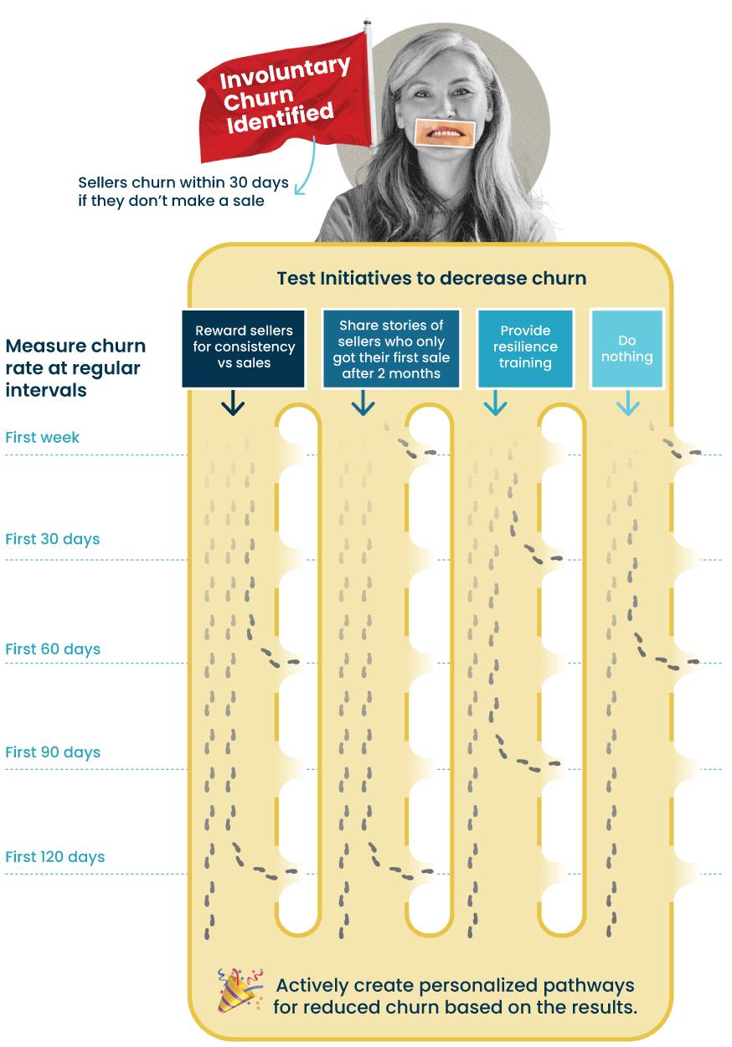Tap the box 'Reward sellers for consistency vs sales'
coord(245,347)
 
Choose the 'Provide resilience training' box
coord(525,347)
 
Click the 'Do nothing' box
coord(626,348)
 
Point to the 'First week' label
coord(43,437)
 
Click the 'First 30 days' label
coord(52,539)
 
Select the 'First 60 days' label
coord(52,649)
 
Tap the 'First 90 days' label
coord(52,752)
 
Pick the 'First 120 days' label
coord(55,857)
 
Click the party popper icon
coord(239,993)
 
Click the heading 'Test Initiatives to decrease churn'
coord(431,278)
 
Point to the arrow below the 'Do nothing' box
coord(627,405)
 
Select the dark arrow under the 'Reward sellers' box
coord(233,405)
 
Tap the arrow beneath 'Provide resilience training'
coord(495,405)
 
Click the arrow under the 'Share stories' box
coord(363,405)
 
